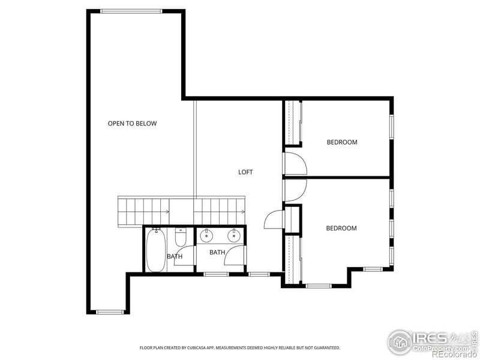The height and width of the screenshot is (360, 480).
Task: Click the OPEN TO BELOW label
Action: [x=132, y=124]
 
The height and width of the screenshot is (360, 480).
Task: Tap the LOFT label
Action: [x=245, y=172]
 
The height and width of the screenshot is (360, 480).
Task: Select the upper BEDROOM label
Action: [x=342, y=142]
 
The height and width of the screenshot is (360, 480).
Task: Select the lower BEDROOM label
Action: [x=341, y=228]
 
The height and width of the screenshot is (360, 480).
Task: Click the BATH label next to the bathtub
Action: [x=175, y=257]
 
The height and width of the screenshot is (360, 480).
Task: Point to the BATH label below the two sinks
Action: [x=217, y=253]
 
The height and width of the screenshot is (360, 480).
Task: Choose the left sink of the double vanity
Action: [x=207, y=235]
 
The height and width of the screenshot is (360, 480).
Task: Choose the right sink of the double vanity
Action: [x=233, y=235]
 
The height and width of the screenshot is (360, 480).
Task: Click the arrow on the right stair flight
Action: [x=242, y=212]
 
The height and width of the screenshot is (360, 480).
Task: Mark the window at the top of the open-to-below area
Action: [x=130, y=11]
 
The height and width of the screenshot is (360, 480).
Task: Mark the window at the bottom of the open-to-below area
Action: [x=110, y=311]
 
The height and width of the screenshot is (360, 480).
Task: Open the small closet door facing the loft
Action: [x=273, y=220]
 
